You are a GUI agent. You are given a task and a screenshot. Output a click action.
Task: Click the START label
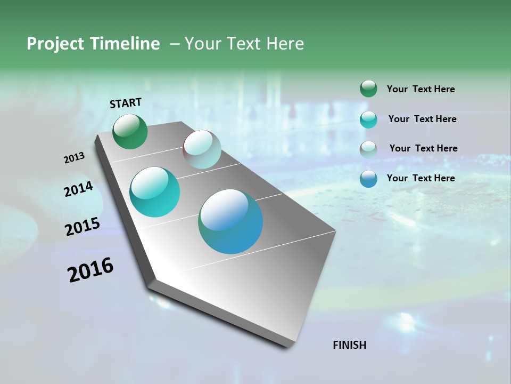click(126, 103)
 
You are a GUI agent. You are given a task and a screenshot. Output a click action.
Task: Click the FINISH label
click(349, 345)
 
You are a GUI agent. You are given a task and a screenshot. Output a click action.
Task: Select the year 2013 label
click(74, 158)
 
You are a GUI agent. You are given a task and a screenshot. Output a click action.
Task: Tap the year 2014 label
click(78, 189)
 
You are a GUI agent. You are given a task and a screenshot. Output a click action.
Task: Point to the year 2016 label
click(90, 270)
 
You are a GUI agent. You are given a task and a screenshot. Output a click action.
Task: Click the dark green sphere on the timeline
click(130, 131)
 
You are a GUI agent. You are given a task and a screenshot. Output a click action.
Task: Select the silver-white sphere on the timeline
click(202, 149)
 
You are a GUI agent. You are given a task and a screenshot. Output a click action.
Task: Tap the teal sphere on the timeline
click(154, 192)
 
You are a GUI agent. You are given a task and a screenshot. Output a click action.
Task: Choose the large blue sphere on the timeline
click(230, 221)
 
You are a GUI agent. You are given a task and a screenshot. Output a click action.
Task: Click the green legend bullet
click(368, 89)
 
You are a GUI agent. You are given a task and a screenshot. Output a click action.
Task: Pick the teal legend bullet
click(368, 119)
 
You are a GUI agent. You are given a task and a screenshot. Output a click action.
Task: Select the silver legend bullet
click(368, 149)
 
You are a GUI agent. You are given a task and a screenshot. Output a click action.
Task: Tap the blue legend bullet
click(368, 179)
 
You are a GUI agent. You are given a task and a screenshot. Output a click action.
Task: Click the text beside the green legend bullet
click(421, 89)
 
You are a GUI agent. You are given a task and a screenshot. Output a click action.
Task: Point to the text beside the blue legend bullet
click(421, 178)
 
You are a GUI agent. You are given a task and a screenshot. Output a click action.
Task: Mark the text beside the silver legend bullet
click(423, 148)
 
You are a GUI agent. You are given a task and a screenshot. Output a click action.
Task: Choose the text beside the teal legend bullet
click(422, 119)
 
